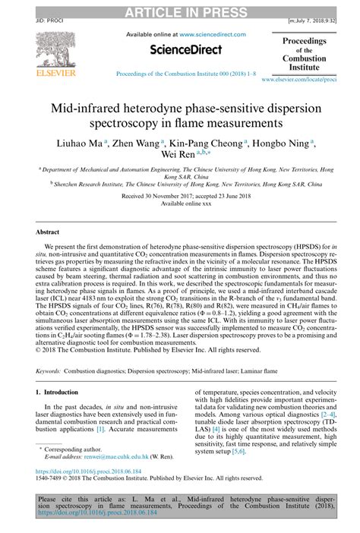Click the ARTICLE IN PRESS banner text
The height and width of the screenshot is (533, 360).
coord(180,8)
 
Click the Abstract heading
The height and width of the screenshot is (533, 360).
coord(49,231)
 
